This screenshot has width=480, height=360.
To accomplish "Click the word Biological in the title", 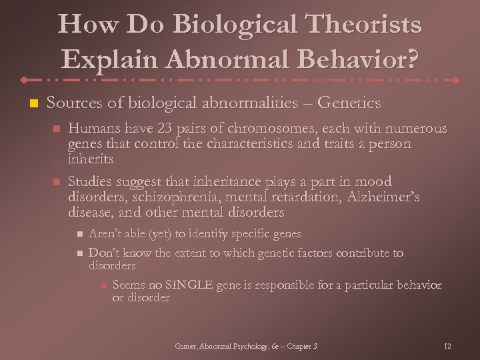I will pos(225,25).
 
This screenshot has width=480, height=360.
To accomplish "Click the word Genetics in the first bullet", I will pos(349,103).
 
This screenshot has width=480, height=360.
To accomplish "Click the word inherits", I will pos(91,159).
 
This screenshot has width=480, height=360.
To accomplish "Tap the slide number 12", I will pos(447,346).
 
